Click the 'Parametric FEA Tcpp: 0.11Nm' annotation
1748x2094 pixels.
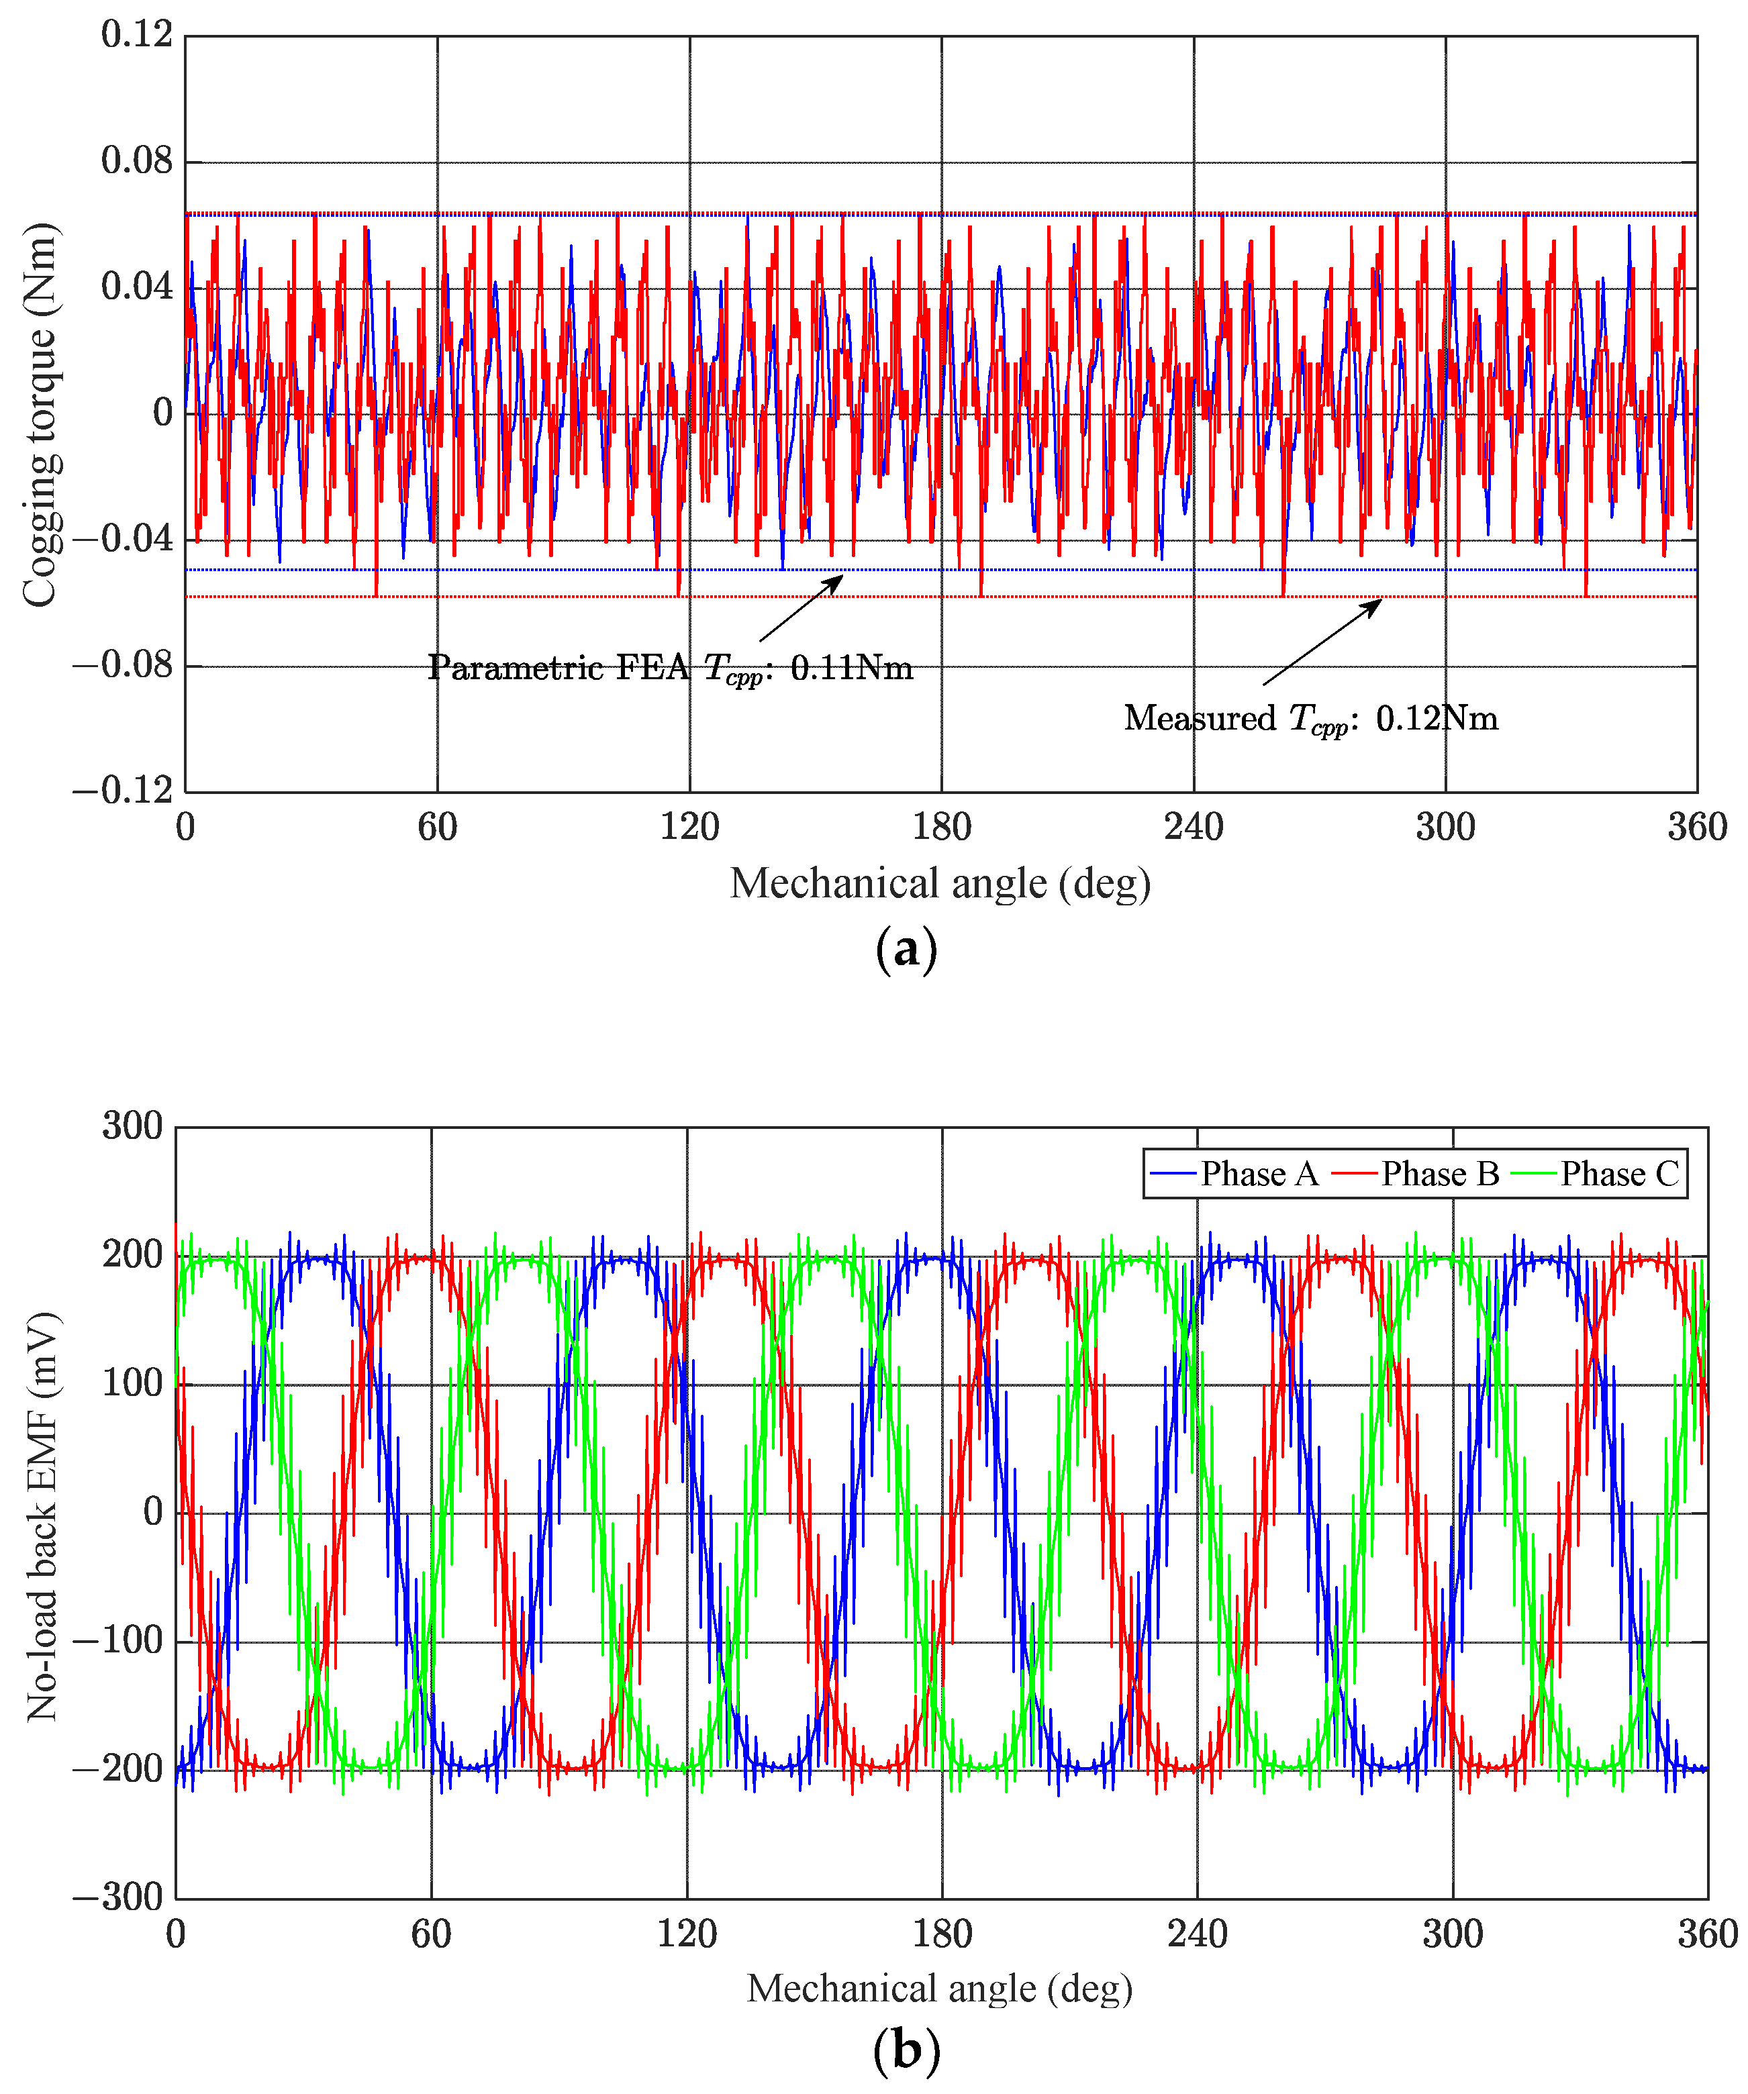670,668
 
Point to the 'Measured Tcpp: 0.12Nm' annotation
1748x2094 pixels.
1310,719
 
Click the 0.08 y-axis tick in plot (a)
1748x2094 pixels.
137,160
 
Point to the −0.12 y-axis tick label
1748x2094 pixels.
123,791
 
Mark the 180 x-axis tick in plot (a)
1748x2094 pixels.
941,828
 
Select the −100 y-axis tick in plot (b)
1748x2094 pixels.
117,1640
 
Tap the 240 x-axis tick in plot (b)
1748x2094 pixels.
1197,1934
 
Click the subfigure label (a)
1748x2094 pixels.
906,948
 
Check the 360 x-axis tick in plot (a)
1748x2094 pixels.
1697,828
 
